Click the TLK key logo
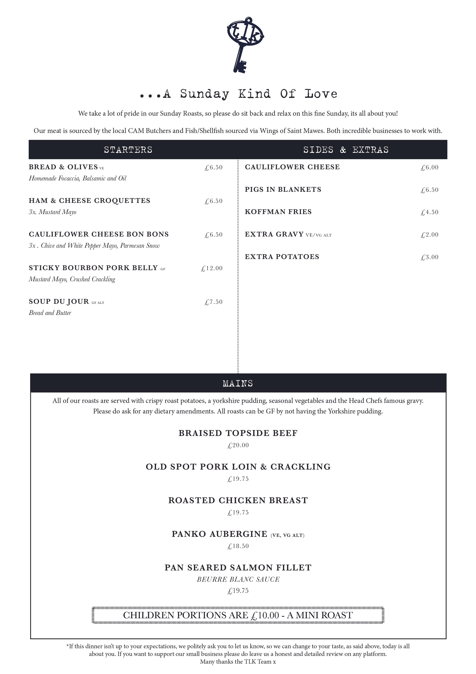[x=245, y=44]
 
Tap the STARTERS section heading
[x=128, y=150]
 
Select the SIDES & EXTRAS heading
[x=346, y=150]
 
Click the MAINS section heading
[x=238, y=383]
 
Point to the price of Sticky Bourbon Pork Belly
[x=212, y=268]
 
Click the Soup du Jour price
[x=213, y=302]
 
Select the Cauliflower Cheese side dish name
[x=292, y=167]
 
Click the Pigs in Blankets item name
[x=283, y=190]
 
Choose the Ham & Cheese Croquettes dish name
[x=89, y=201]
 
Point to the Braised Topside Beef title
[x=238, y=433]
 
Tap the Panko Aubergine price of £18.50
[x=238, y=546]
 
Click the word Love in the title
[x=321, y=94]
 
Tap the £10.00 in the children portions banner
[x=265, y=615]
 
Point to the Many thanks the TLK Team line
[x=238, y=662]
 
